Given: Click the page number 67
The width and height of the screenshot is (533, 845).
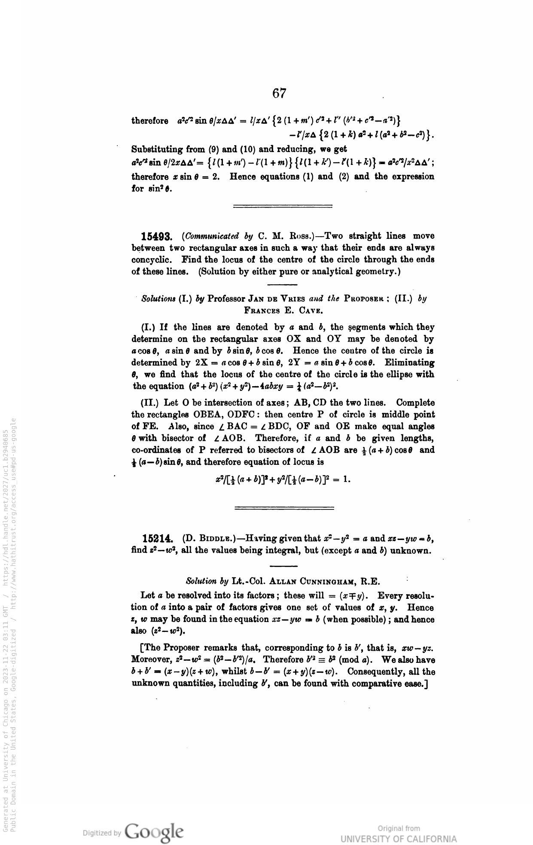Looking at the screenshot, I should [x=279, y=93].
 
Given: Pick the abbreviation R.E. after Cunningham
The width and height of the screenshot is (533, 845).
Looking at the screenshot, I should [x=371, y=582].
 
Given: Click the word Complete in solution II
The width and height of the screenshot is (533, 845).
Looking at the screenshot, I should [x=415, y=403].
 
